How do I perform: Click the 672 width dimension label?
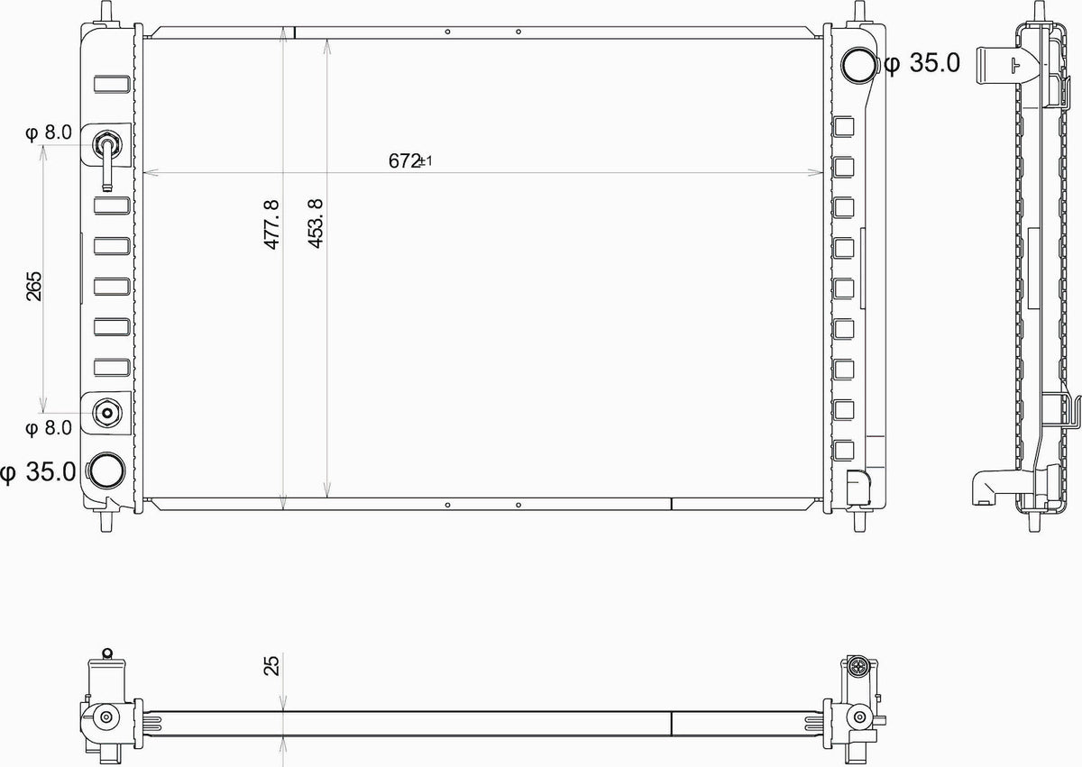(x=410, y=160)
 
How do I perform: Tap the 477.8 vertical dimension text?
(x=271, y=224)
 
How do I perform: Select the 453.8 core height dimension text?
(x=316, y=224)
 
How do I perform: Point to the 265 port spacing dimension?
(x=34, y=287)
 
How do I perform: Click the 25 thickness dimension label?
(x=272, y=665)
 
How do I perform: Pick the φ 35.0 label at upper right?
(x=922, y=63)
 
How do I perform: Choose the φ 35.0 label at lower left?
(x=38, y=471)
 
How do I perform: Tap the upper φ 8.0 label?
(x=49, y=132)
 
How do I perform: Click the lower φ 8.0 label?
(x=49, y=428)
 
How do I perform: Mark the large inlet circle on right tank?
(x=858, y=65)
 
